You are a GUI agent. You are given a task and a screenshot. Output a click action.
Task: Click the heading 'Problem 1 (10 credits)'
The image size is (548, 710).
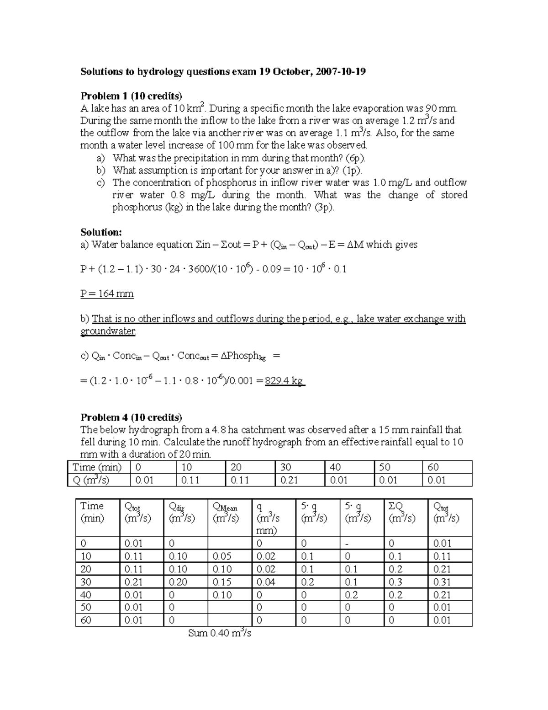click(x=131, y=96)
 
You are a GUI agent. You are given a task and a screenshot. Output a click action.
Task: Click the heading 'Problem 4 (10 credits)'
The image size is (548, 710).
click(x=131, y=417)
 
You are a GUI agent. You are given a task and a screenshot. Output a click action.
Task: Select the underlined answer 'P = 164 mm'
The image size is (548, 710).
click(x=107, y=294)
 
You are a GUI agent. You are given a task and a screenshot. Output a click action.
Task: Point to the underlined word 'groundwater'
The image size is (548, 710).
click(x=108, y=331)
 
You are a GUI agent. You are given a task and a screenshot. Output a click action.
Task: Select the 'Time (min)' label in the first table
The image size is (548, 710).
click(x=97, y=467)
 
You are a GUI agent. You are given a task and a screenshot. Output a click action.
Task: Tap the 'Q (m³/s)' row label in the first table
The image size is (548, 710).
click(x=91, y=480)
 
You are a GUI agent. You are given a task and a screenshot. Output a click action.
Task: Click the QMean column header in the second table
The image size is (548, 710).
click(x=225, y=512)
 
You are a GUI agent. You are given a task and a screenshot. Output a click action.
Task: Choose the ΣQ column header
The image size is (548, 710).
click(x=402, y=512)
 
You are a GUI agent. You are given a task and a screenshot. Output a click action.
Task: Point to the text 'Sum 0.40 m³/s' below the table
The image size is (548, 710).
click(x=220, y=634)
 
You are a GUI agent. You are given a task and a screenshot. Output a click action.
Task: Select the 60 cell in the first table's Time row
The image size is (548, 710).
click(x=433, y=467)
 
